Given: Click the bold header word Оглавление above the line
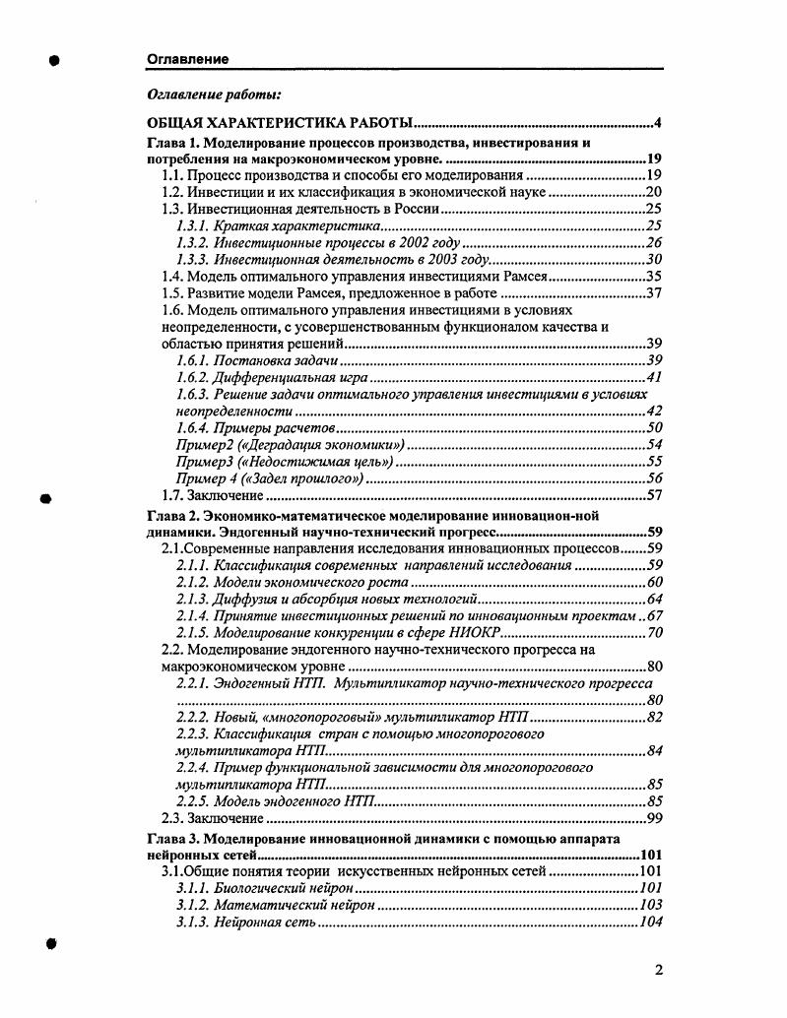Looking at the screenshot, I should click(x=187, y=59).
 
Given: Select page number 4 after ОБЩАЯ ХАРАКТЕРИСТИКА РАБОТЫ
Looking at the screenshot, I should click(x=656, y=123).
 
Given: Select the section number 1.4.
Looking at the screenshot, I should click(x=172, y=277).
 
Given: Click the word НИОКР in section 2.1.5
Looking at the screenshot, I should click(x=471, y=633).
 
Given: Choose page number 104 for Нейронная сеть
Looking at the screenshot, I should click(x=650, y=923).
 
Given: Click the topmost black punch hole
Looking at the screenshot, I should click(x=55, y=60).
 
